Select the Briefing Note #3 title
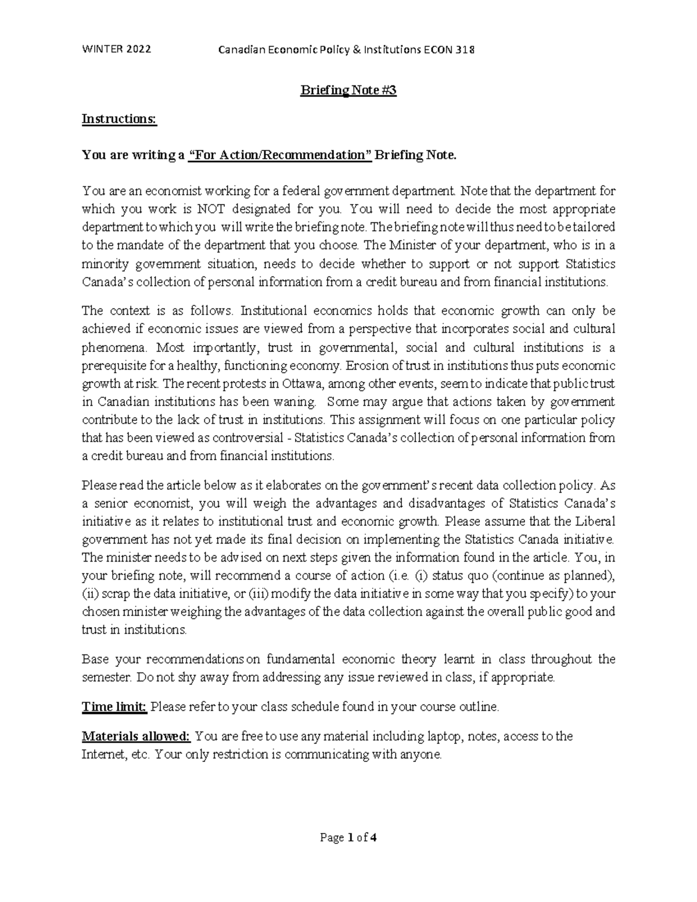click(x=348, y=91)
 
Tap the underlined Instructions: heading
click(x=119, y=119)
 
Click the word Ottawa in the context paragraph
click(x=301, y=384)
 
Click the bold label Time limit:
click(x=114, y=707)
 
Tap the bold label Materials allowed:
click(x=136, y=736)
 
